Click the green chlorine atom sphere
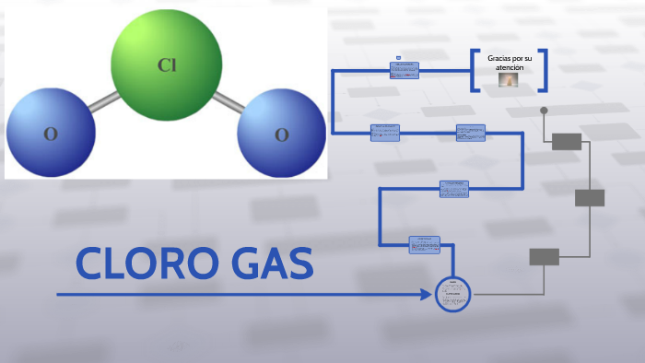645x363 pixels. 167,65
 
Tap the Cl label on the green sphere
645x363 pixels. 167,64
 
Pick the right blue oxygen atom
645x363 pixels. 281,133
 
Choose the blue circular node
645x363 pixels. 452,295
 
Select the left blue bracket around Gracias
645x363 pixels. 475,70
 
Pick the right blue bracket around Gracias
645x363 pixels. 544,70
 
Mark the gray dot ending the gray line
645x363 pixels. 544,111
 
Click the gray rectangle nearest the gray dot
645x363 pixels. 567,141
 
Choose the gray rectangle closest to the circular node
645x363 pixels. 544,257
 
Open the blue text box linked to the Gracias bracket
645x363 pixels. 405,70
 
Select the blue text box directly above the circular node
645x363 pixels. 425,244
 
